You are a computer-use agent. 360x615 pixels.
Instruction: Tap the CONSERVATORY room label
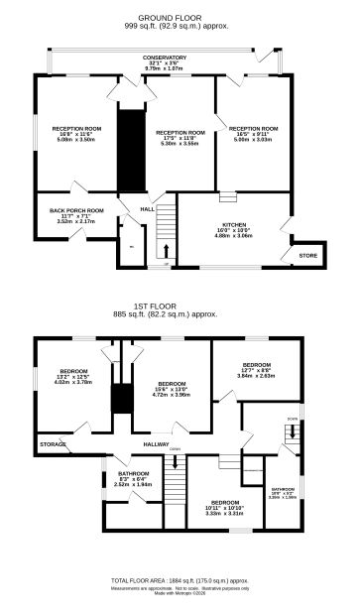164,58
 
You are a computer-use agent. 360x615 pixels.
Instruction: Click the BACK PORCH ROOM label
76,210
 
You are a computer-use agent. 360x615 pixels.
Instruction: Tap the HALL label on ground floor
147,210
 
